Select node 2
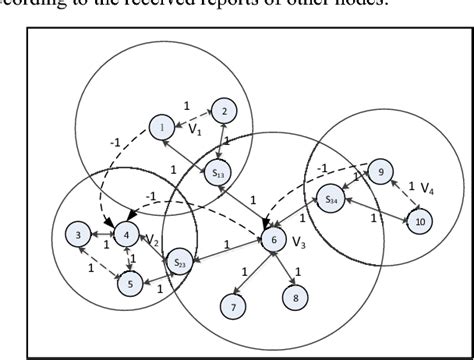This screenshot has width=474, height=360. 224,111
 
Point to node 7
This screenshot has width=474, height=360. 234,307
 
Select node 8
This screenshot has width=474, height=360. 294,298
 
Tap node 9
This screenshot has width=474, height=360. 380,172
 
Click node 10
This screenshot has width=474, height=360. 421,220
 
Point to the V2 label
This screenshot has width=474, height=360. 152,239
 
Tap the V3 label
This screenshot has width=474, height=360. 298,241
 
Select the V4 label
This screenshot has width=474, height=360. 426,188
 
